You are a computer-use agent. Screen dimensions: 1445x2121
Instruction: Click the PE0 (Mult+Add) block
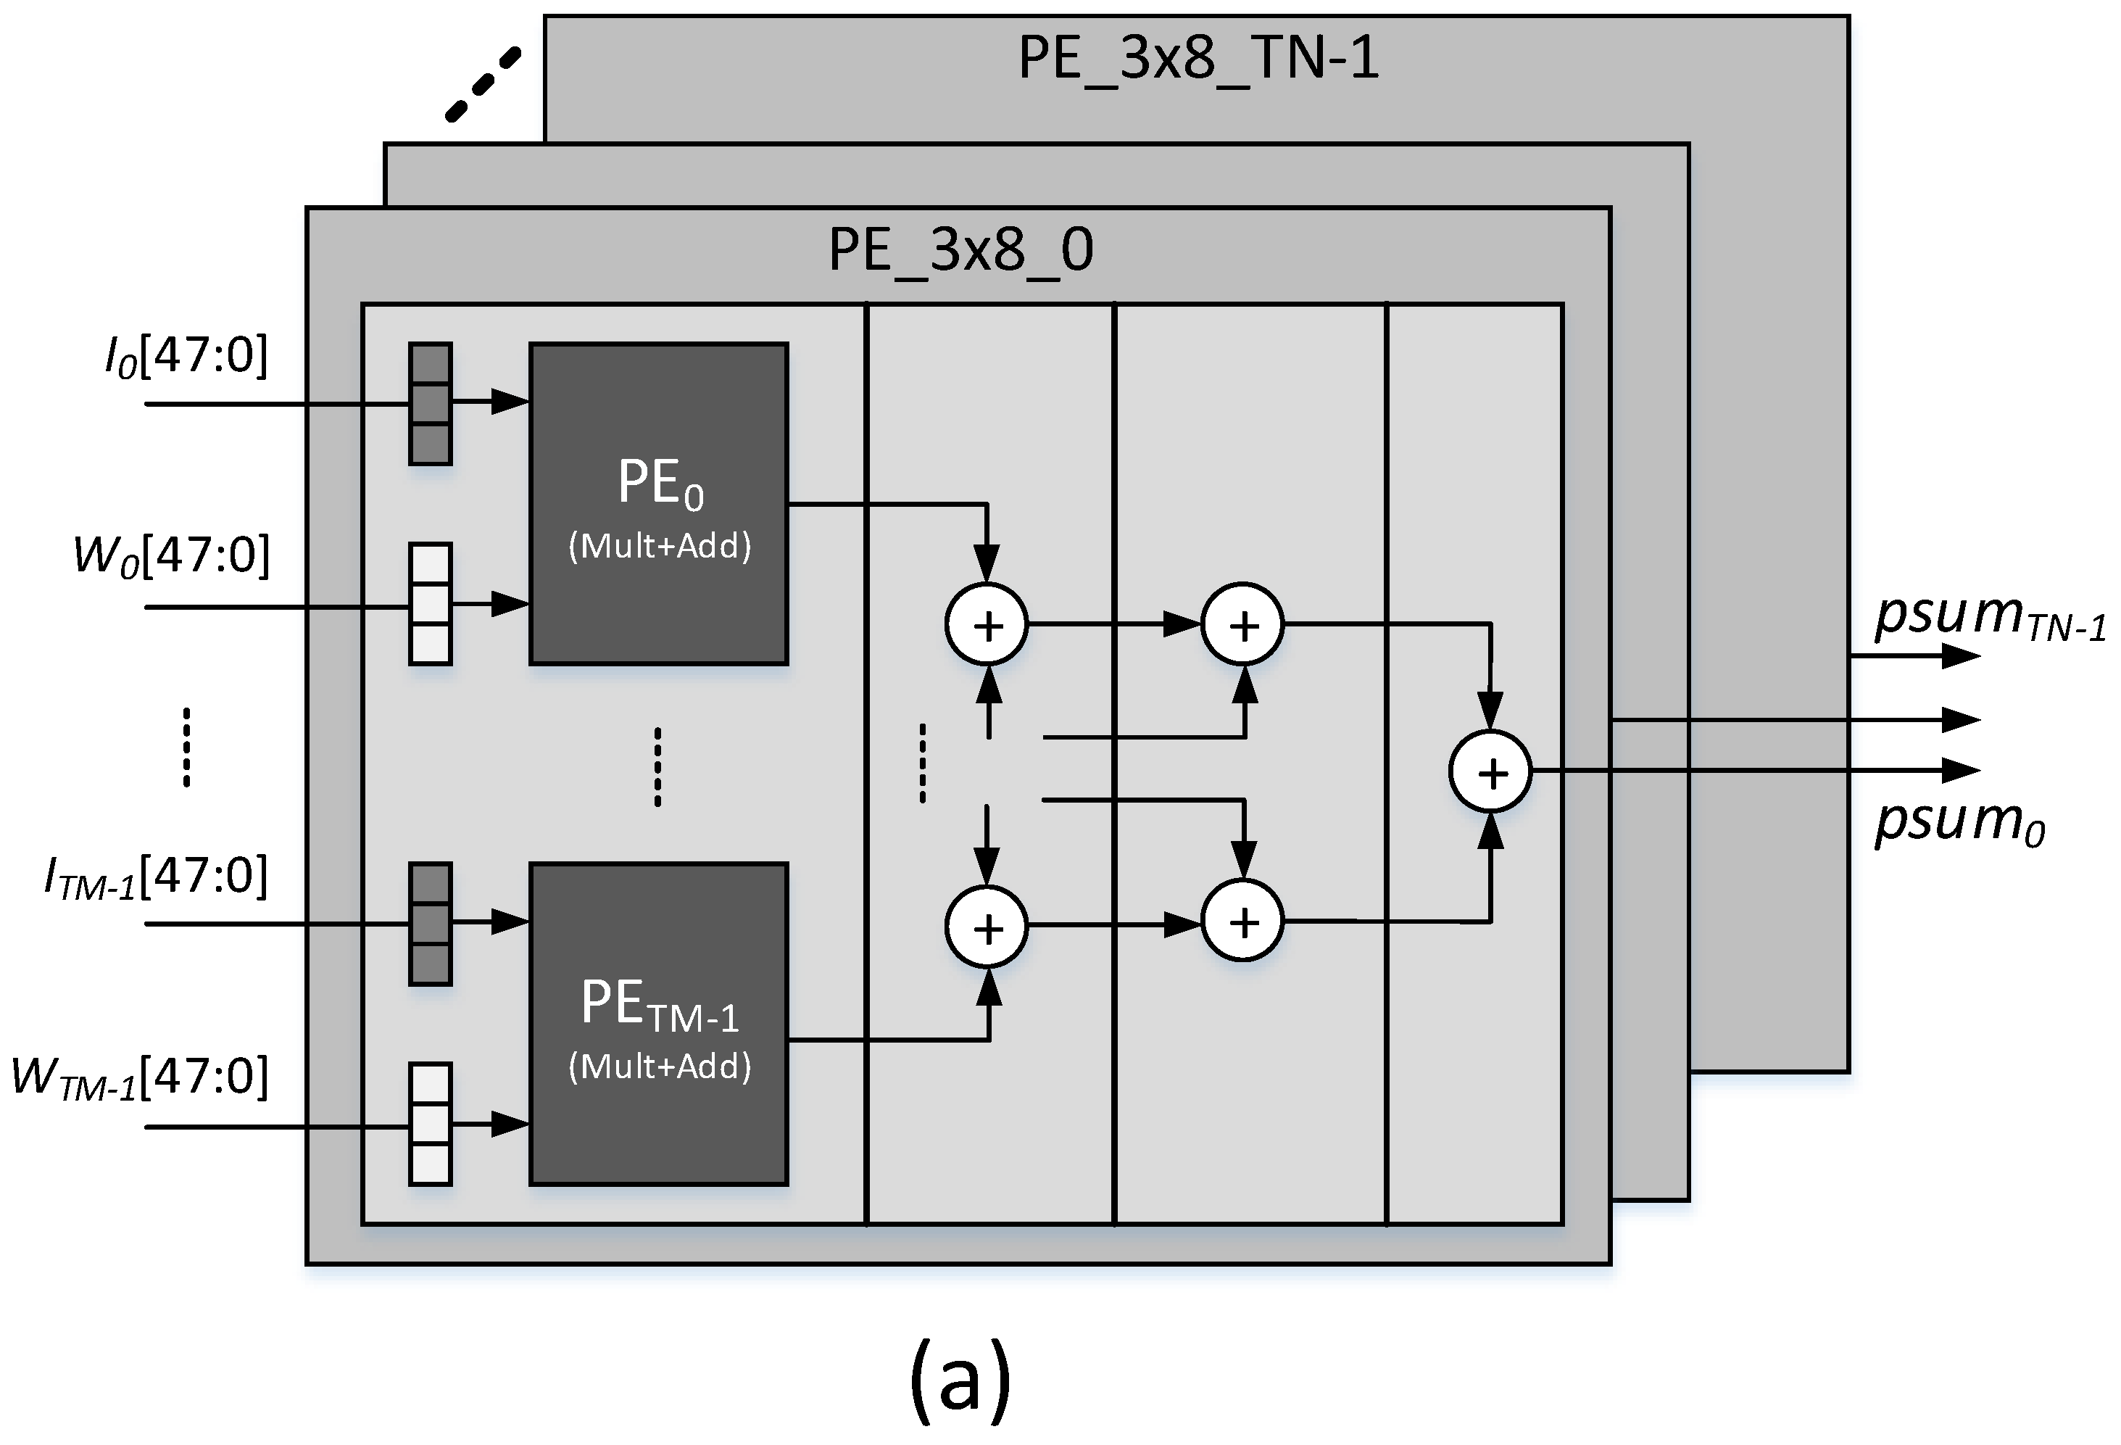658,504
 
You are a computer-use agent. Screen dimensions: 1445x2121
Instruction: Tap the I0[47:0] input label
186,356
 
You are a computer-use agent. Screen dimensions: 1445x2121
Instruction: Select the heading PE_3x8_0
960,249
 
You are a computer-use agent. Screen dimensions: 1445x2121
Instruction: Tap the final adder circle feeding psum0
1490,772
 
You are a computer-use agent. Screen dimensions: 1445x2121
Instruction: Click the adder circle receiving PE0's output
987,624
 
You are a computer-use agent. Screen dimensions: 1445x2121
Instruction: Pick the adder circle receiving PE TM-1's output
987,927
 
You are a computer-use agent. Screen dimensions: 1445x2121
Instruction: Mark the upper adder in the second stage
1242,624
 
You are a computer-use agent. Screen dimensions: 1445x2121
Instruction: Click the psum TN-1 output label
1990,616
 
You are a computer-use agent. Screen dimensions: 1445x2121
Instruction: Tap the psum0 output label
1959,821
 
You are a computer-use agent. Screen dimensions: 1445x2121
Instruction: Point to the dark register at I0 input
430,403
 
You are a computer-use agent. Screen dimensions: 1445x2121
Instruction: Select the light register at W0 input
430,603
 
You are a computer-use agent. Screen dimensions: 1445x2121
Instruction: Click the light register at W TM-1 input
430,1124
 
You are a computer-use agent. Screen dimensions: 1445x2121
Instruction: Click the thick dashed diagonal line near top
483,84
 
